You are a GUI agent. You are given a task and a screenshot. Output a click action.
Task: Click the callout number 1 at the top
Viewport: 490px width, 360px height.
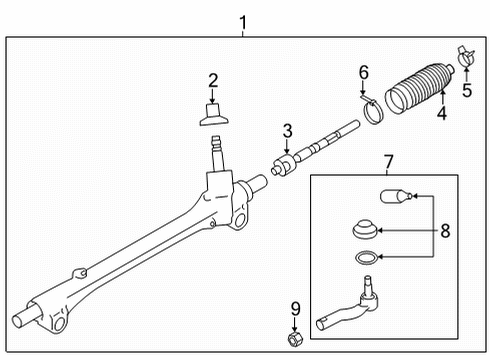click(240, 20)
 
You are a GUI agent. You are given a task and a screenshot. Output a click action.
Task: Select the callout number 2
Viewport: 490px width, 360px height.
click(212, 80)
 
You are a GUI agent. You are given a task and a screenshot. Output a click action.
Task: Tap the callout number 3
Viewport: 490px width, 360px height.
click(287, 130)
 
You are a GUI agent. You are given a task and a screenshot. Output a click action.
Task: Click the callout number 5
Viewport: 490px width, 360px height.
click(466, 90)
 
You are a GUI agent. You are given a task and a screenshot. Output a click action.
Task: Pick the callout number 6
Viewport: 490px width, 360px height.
click(364, 72)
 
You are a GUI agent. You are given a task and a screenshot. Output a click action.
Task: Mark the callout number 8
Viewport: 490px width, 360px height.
click(445, 230)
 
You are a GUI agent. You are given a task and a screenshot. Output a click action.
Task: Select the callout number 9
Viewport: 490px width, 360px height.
click(295, 309)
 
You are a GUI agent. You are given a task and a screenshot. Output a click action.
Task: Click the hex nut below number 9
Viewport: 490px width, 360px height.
click(295, 339)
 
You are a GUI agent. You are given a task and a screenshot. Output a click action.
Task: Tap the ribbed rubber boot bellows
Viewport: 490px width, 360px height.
click(420, 90)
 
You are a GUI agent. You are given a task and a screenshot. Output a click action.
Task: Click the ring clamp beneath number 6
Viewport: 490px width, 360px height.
click(374, 113)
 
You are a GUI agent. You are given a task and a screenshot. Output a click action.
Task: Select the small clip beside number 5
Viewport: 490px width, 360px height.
click(460, 56)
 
